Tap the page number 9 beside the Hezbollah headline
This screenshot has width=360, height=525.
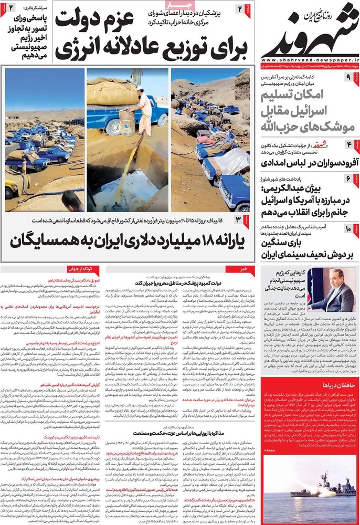[348, 77]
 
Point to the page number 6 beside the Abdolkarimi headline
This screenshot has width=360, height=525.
[348, 179]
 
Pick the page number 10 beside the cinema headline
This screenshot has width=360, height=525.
[348, 228]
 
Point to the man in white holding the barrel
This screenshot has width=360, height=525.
[143, 110]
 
